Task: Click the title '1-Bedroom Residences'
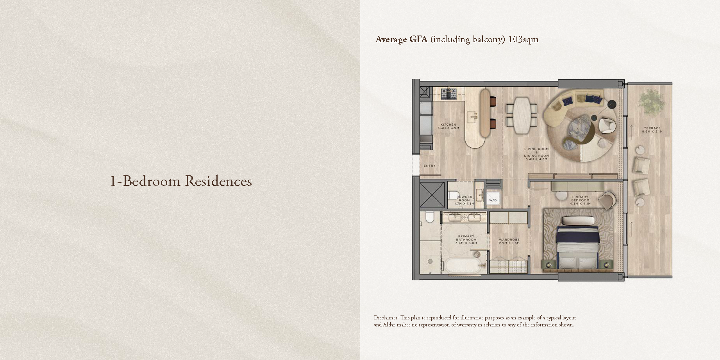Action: pos(181,181)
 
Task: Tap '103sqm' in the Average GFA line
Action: pos(523,39)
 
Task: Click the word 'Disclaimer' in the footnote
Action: pos(386,318)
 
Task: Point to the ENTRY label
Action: pos(429,166)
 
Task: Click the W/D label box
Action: pos(493,200)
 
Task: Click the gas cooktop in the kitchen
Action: pos(449,94)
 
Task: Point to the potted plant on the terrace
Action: pos(651,102)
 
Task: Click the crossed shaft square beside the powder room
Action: pos(432,195)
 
